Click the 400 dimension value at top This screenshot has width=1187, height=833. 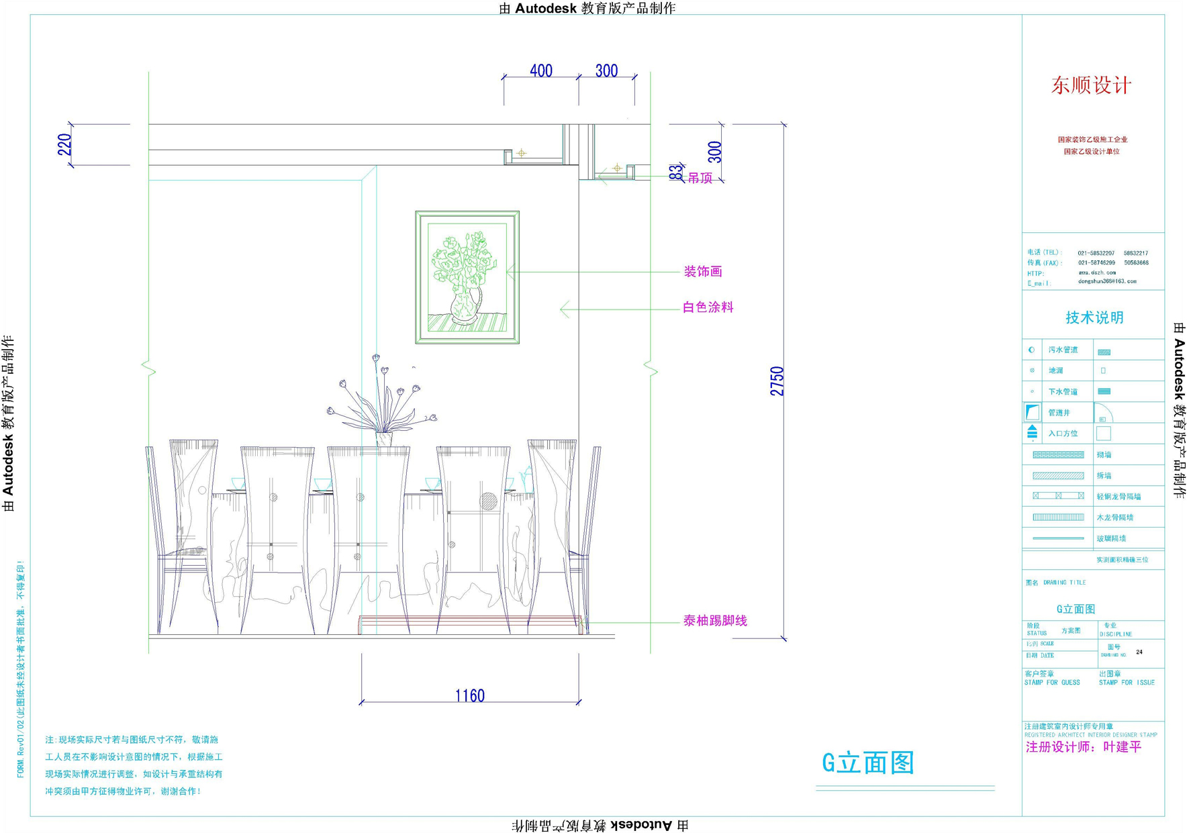[540, 70]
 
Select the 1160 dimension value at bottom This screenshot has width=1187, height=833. [469, 695]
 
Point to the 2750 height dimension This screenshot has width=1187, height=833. [777, 381]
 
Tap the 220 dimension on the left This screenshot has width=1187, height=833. [64, 144]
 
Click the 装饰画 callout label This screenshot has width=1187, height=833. [702, 271]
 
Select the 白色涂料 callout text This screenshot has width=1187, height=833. [708, 307]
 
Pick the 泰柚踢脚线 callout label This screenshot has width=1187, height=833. [714, 621]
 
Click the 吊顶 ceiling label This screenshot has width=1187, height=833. [700, 178]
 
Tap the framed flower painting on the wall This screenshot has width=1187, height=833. [467, 277]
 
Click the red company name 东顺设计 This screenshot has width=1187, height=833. [1091, 85]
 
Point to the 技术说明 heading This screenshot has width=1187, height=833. [1094, 317]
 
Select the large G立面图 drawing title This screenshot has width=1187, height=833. [868, 763]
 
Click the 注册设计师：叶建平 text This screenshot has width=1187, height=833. [1083, 747]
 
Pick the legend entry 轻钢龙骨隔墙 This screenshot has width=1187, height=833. [1119, 497]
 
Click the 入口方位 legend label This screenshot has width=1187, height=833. [1063, 434]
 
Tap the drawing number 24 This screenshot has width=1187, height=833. [1139, 652]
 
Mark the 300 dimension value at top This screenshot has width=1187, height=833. [606, 70]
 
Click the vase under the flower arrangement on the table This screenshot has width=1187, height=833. [384, 439]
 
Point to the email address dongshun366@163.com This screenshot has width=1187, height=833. [1107, 281]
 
